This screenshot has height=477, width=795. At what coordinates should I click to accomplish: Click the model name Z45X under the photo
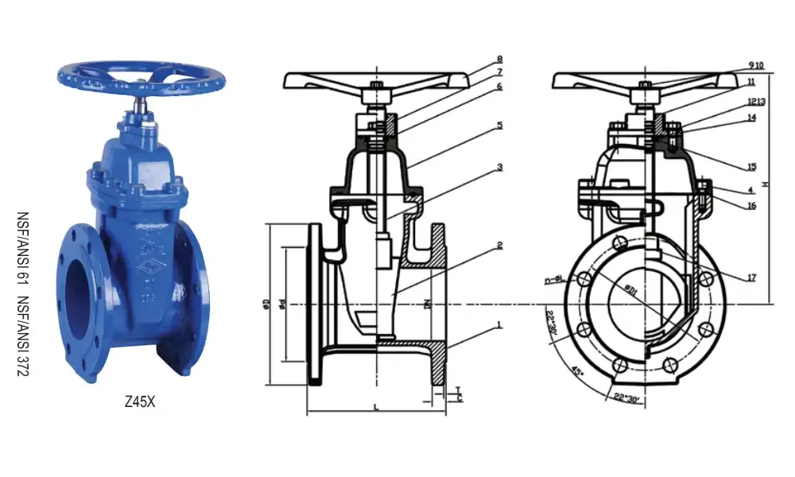click(140, 402)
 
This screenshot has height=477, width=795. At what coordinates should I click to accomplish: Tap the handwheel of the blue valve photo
click(142, 76)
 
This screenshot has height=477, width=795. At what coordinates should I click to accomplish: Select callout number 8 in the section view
click(499, 59)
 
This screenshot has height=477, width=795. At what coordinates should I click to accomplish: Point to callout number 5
click(499, 125)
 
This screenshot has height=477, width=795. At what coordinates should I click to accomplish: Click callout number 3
click(499, 168)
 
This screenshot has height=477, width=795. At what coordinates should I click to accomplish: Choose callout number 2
click(499, 246)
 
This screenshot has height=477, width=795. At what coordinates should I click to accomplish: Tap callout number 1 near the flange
click(499, 325)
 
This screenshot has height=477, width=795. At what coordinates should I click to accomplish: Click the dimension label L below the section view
click(375, 408)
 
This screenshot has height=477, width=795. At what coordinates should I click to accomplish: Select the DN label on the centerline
click(427, 304)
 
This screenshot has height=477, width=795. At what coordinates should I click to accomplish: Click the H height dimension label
click(765, 184)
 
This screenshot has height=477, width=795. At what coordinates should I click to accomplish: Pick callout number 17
click(751, 277)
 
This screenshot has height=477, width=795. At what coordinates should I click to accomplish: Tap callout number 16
click(751, 206)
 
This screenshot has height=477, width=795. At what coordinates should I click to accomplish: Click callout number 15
click(751, 167)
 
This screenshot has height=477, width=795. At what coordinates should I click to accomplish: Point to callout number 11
click(751, 82)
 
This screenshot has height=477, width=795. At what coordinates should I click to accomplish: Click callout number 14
click(751, 118)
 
